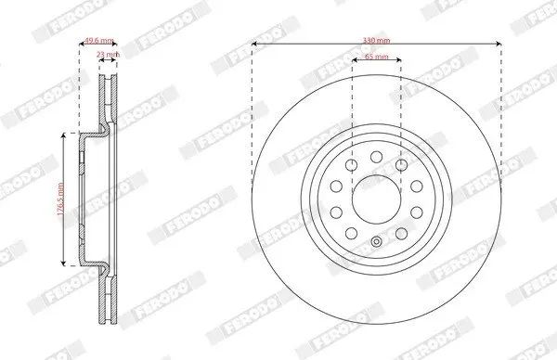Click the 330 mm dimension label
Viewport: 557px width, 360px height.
pyautogui.click(x=376, y=41)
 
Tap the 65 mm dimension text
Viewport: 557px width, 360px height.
pyautogui.click(x=377, y=57)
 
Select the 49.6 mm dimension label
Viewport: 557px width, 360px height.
pyautogui.click(x=98, y=40)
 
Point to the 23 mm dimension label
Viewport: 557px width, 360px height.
pyautogui.click(x=109, y=55)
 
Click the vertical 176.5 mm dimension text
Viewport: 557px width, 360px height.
pyautogui.click(x=60, y=199)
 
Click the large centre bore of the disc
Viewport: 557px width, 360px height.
pyautogui.click(x=377, y=199)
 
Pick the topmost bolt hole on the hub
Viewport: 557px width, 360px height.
pyautogui.click(x=377, y=157)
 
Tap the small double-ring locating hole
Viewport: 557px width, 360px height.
pyautogui.click(x=377, y=242)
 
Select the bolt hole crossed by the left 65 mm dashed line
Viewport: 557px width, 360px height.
pyautogui.click(x=351, y=165)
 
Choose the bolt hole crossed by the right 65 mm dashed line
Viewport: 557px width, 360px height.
pyautogui.click(x=401, y=165)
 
